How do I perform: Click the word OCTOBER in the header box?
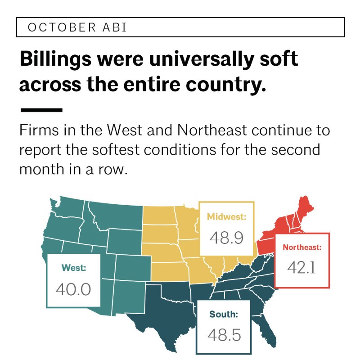point(62,27)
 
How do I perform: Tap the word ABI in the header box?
point(115,27)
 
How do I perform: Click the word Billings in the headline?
point(56,59)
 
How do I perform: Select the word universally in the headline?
point(201,59)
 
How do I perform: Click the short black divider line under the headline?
point(41,110)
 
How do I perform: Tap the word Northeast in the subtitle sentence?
point(212,130)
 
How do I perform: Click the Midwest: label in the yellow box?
point(226,217)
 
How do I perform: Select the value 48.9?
point(226,238)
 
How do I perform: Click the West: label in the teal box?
point(74,268)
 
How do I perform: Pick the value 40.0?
point(73,289)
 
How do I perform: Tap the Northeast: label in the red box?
point(302,247)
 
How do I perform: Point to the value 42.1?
point(301,268)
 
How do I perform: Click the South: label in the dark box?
point(224,314)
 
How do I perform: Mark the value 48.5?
point(224,335)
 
